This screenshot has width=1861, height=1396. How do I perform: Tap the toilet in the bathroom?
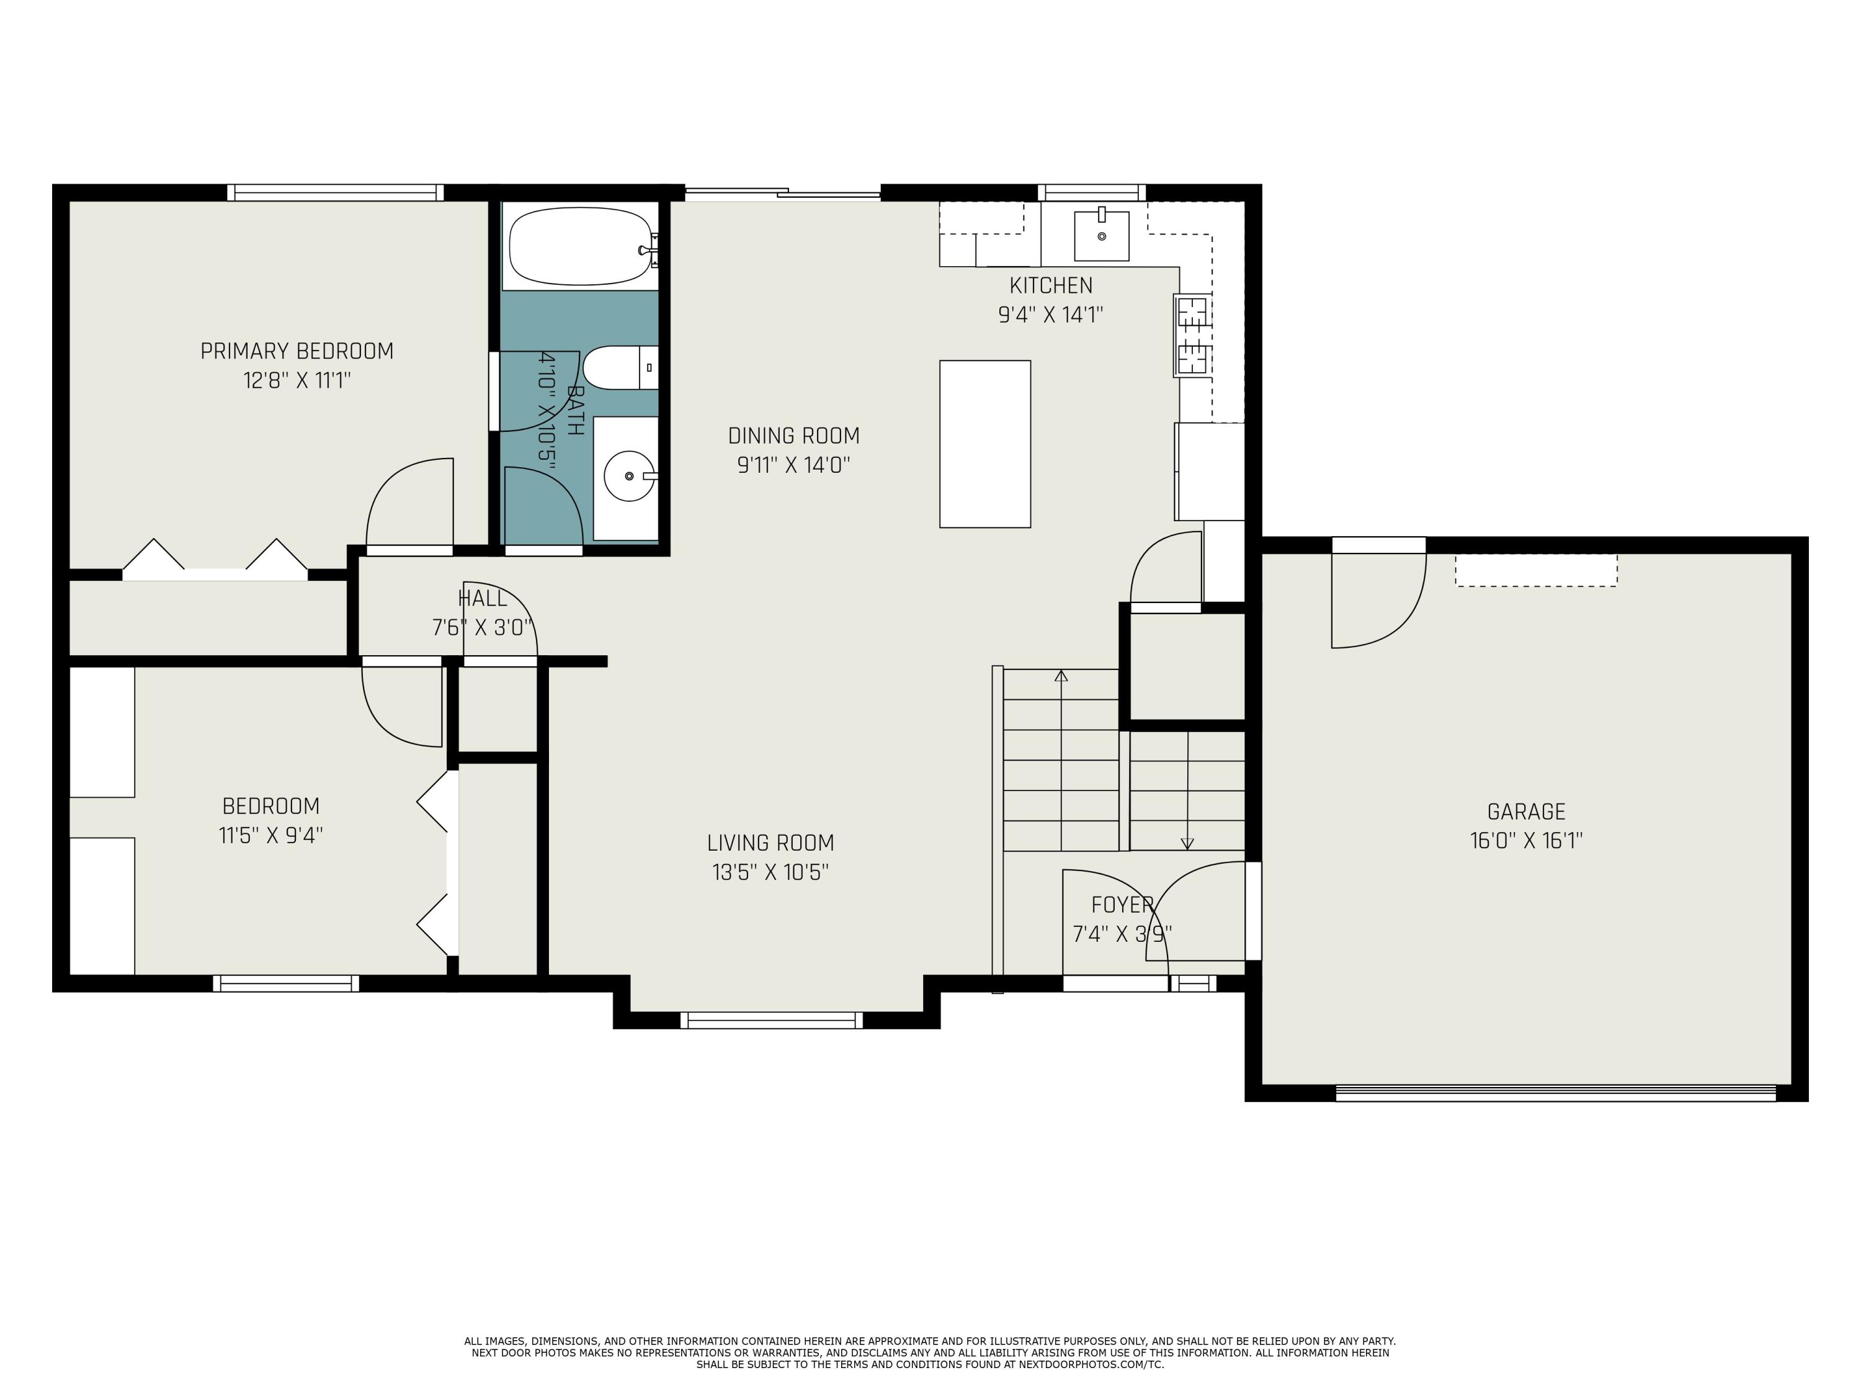pos(621,368)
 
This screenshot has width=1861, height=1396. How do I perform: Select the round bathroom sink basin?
pos(629,477)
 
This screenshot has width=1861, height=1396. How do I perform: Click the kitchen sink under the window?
pos(1101,236)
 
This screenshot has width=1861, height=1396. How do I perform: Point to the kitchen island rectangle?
pos(985,444)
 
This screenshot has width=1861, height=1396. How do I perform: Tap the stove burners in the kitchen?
pos(1193,335)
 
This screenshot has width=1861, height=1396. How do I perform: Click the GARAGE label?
pos(1526,812)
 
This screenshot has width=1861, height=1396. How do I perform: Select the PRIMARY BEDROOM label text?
pos(297,351)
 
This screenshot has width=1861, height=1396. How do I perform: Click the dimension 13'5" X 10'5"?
pos(770,872)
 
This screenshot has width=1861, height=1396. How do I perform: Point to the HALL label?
pos(483,598)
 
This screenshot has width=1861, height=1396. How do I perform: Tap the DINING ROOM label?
pos(794,436)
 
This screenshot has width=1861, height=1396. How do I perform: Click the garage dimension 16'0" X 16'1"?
pos(1526,841)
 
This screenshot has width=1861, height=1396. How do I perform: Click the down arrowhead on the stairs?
pos(1187,843)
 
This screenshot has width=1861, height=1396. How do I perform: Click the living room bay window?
pos(772,1021)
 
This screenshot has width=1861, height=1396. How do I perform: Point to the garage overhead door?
pos(1556,1093)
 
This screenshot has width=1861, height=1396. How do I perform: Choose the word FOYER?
pos(1122,905)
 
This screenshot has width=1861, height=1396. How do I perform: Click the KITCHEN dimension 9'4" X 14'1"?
pos(1051,315)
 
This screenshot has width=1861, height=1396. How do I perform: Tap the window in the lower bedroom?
pos(286,983)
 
